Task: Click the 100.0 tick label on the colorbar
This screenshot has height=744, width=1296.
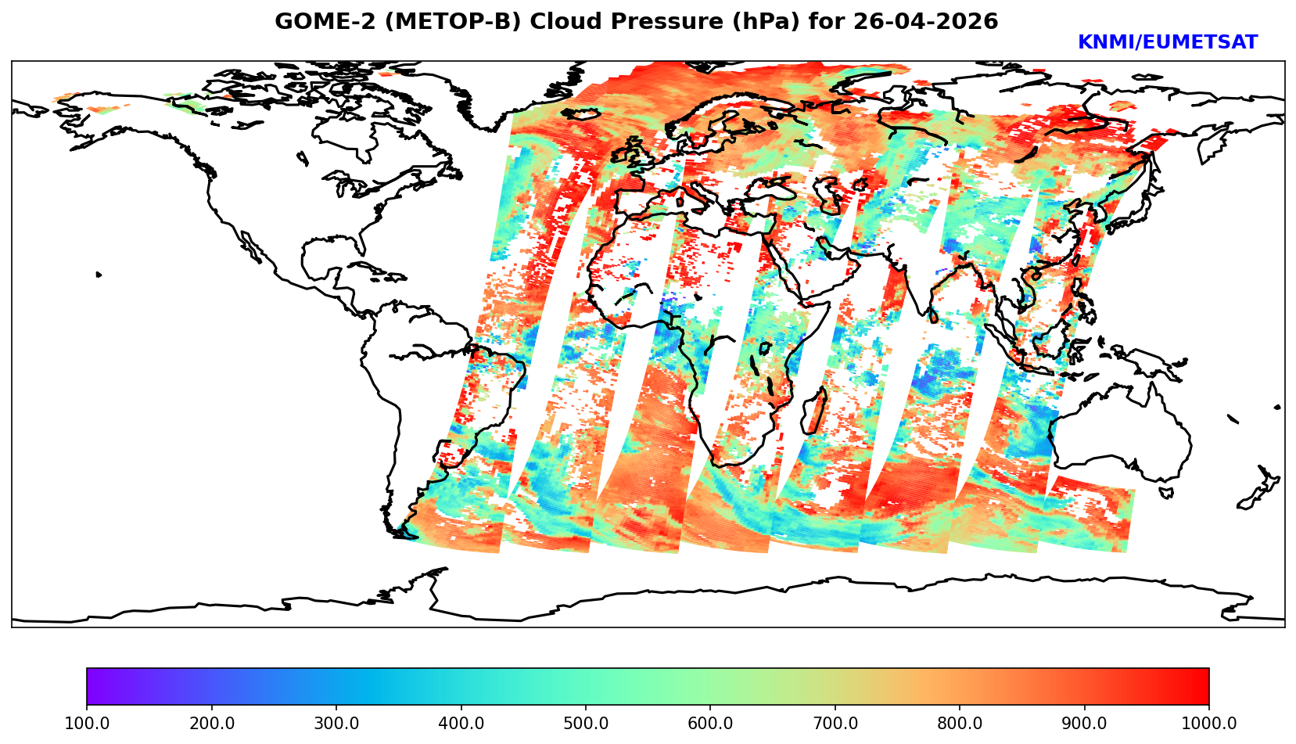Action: (x=87, y=724)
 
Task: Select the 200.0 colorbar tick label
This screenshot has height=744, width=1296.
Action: (x=211, y=724)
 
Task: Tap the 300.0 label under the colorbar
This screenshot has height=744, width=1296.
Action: (x=336, y=724)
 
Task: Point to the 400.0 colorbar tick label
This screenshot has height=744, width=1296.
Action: (x=461, y=724)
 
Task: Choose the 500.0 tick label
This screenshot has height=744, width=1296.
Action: (x=586, y=724)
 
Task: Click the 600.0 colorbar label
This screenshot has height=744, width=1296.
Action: (x=710, y=724)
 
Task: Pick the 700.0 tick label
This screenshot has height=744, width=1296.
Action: (x=835, y=724)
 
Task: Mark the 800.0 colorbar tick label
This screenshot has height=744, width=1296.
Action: (x=960, y=724)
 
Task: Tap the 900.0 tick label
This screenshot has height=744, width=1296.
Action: (x=1085, y=724)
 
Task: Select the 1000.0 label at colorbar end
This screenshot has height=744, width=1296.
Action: (x=1209, y=724)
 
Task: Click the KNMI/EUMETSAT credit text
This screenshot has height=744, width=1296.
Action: (x=1168, y=43)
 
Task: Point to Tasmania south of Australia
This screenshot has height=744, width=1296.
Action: (x=1167, y=493)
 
